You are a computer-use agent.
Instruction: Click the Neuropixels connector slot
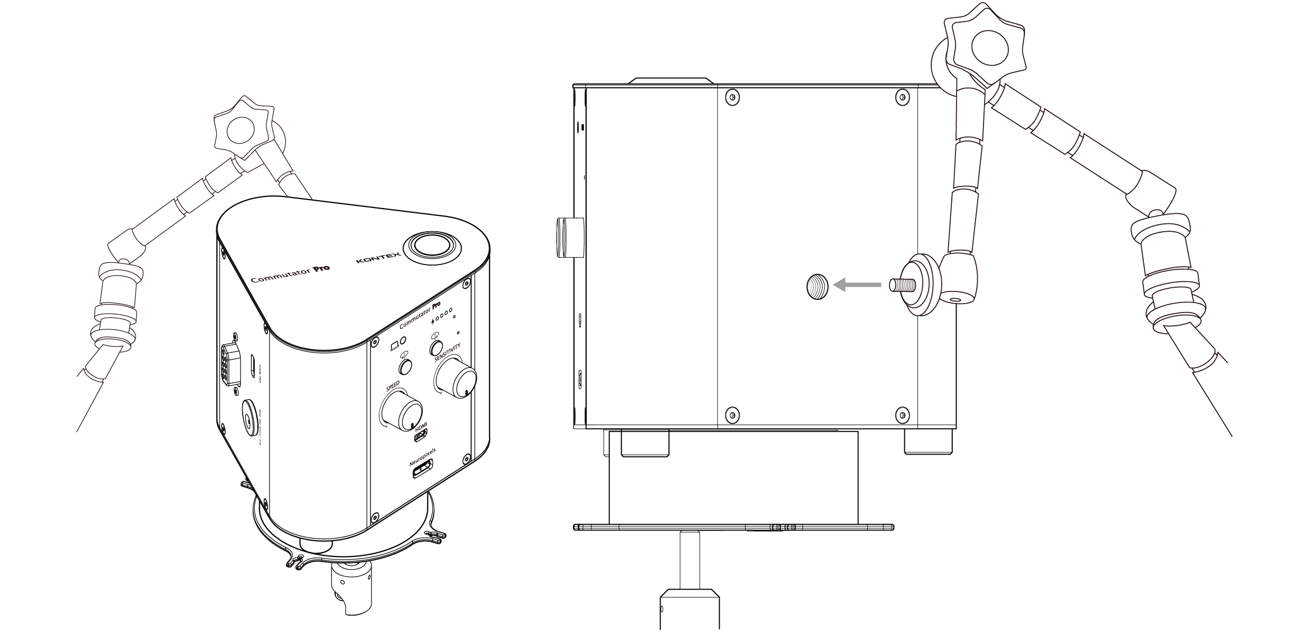[x=423, y=469]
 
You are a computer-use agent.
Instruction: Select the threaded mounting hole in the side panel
[x=817, y=286]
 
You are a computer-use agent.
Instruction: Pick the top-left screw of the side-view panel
[x=732, y=97]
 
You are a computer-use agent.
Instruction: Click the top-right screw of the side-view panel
[x=903, y=97]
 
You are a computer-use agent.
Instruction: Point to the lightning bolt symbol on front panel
[x=434, y=320]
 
